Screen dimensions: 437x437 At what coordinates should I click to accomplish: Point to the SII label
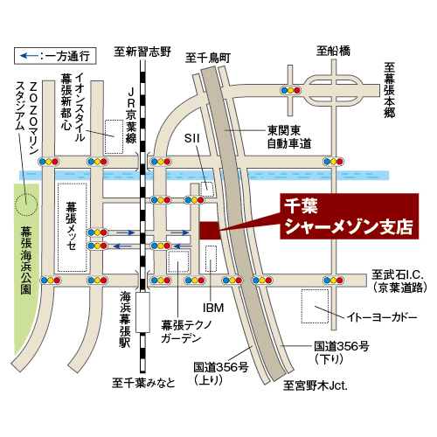[192, 137]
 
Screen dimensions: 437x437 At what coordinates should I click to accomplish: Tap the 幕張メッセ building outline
[73, 225]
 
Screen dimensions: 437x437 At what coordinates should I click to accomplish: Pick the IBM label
[214, 309]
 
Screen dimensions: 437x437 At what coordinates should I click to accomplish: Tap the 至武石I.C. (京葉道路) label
[398, 280]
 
